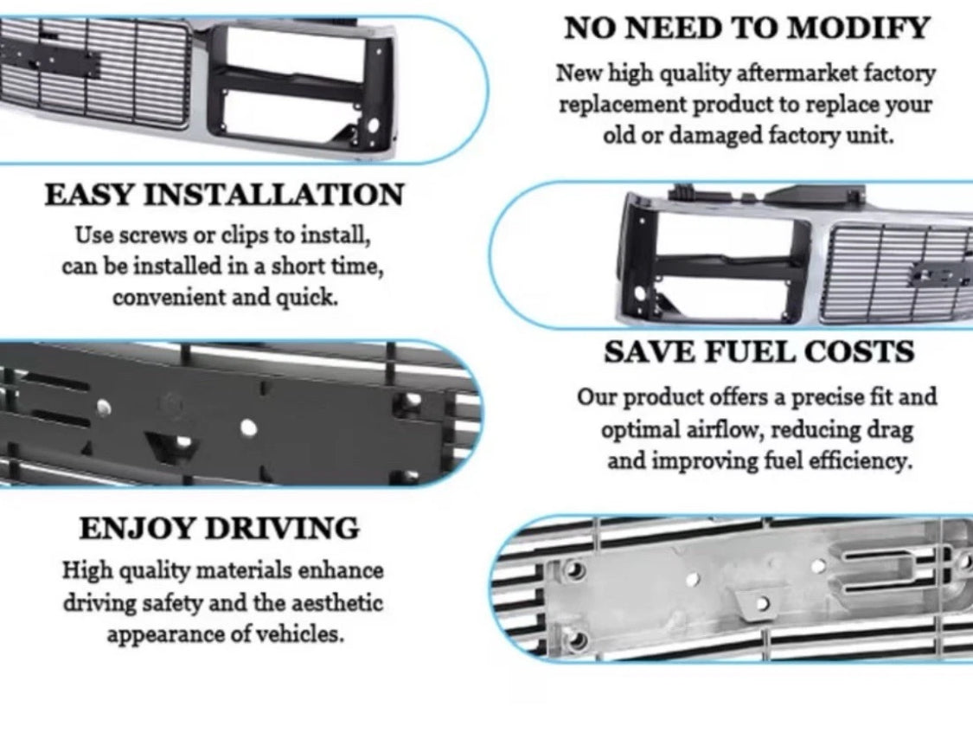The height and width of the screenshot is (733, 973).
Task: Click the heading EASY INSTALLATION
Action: tap(224, 194)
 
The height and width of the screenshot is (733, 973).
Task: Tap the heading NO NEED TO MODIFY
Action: tap(746, 28)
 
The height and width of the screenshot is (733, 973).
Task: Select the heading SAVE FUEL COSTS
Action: tap(759, 352)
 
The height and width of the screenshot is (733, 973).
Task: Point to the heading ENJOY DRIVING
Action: tap(219, 528)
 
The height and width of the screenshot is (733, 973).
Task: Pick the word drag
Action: tap(894, 429)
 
